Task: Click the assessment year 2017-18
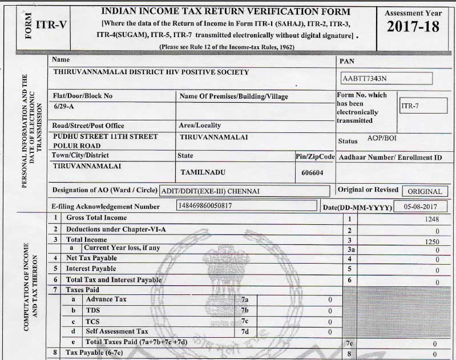[413, 26]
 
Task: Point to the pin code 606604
[312, 172]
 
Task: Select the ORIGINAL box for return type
[425, 192]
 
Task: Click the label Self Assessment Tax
[116, 331]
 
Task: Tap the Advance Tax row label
[106, 299]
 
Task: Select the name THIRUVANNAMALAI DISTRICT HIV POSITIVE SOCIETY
[151, 72]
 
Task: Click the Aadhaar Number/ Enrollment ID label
[390, 157]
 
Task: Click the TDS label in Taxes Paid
[92, 310]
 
